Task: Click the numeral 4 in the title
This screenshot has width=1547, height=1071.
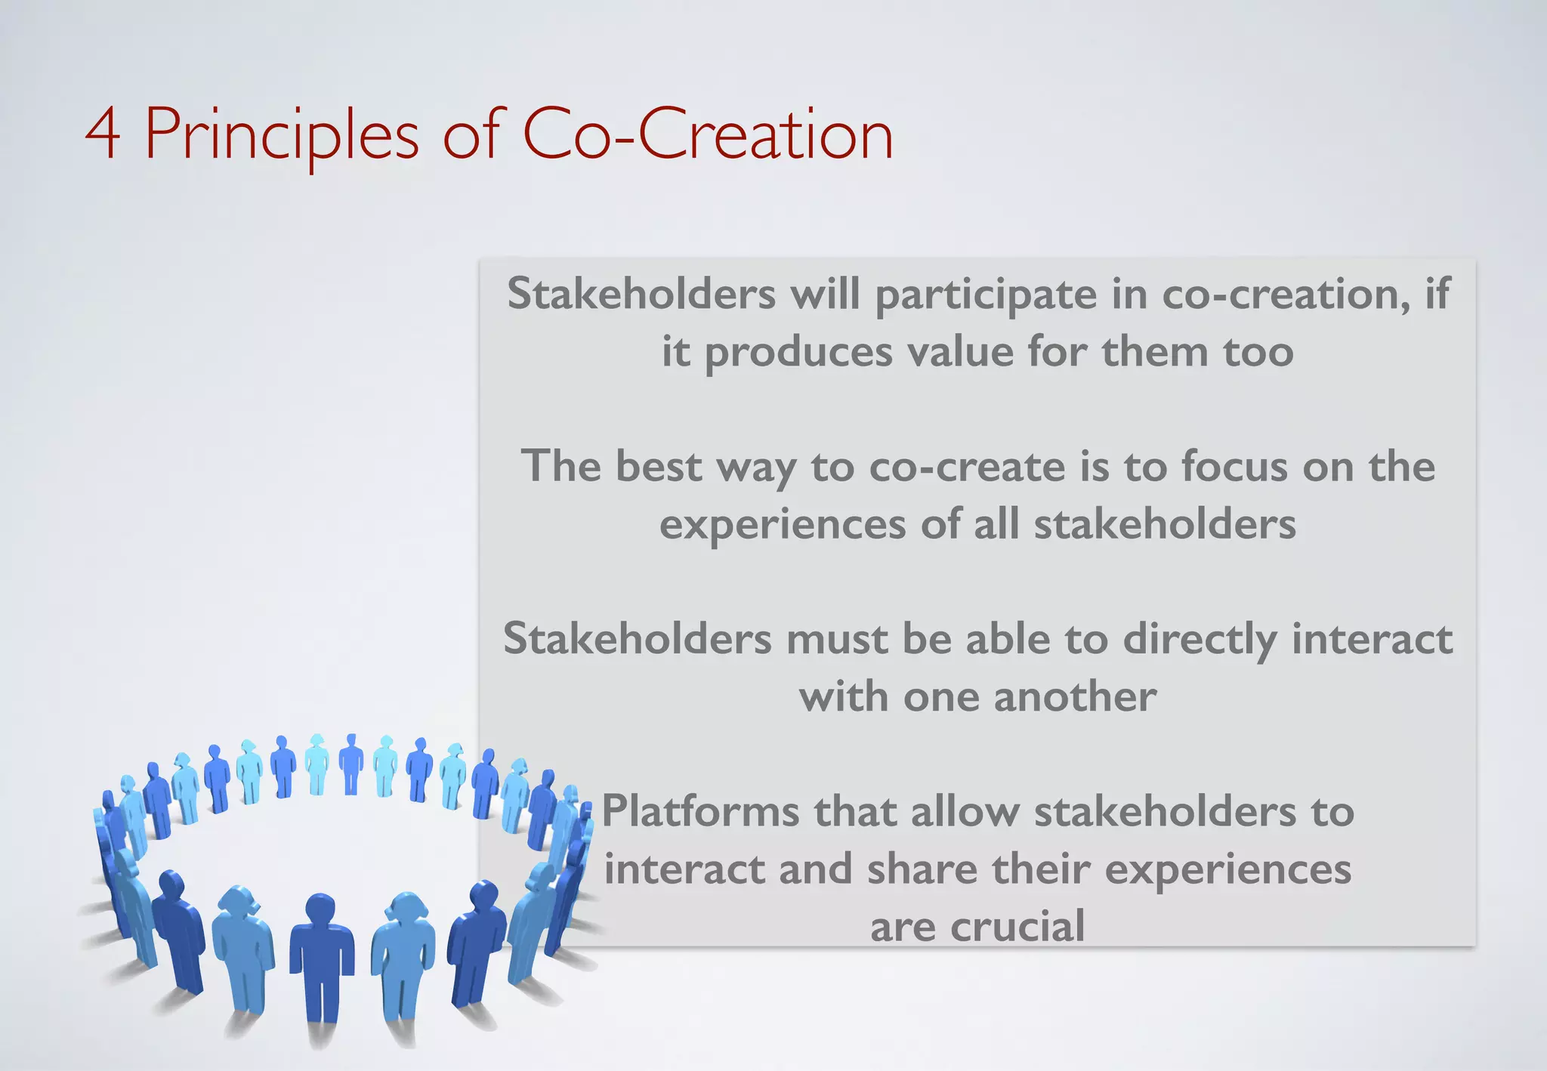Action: (x=103, y=135)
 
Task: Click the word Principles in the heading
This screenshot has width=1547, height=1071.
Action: (x=281, y=135)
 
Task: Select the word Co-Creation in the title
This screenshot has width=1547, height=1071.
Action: (x=707, y=135)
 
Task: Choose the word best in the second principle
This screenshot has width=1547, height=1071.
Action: (x=659, y=466)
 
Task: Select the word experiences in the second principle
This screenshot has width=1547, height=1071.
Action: (x=783, y=524)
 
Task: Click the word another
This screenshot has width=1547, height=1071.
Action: (x=1075, y=696)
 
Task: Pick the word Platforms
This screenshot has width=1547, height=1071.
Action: (x=700, y=812)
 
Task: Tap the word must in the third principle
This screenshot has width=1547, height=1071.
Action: (x=836, y=639)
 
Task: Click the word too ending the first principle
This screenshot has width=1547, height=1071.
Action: (x=1258, y=353)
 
